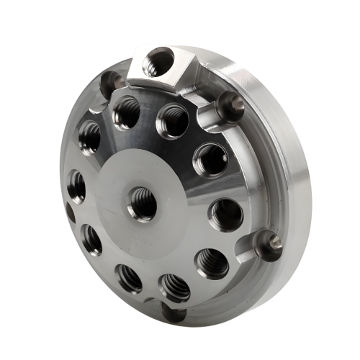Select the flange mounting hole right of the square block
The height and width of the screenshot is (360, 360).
(231, 106)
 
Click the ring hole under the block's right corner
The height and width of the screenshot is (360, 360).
(173, 121)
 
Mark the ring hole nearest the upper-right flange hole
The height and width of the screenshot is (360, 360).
(210, 158)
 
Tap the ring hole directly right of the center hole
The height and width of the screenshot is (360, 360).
(225, 214)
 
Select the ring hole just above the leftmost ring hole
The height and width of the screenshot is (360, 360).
(90, 137)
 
